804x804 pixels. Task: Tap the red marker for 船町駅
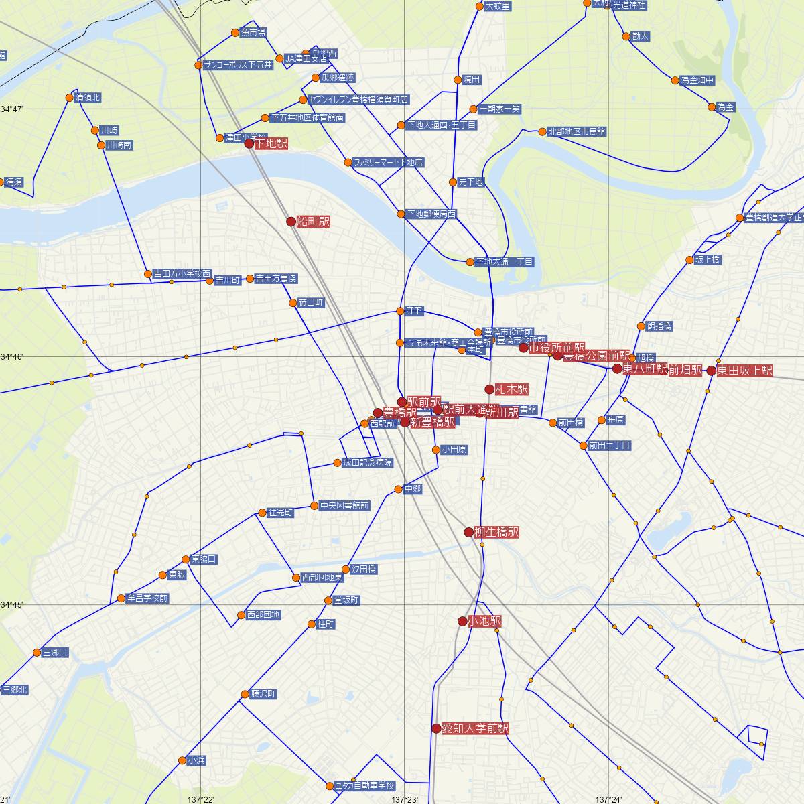(x=291, y=221)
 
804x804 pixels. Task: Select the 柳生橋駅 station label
(x=496, y=533)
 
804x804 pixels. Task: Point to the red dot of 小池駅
(x=462, y=621)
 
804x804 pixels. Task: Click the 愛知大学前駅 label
(x=475, y=728)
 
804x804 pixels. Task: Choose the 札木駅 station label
(x=512, y=389)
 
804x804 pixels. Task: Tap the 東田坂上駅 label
(x=744, y=371)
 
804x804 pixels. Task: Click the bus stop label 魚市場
(x=253, y=32)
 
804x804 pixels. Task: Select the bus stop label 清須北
(x=88, y=98)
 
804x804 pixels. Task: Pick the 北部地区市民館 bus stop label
(x=576, y=132)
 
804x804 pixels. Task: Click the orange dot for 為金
(x=712, y=107)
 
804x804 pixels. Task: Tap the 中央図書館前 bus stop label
(x=344, y=506)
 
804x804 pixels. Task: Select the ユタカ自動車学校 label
(x=364, y=786)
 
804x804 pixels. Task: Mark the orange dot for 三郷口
(x=37, y=652)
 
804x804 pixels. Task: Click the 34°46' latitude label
(x=11, y=357)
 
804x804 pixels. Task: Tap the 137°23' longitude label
(x=404, y=799)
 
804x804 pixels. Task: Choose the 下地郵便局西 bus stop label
(x=431, y=214)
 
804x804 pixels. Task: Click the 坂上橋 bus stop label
(x=708, y=260)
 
